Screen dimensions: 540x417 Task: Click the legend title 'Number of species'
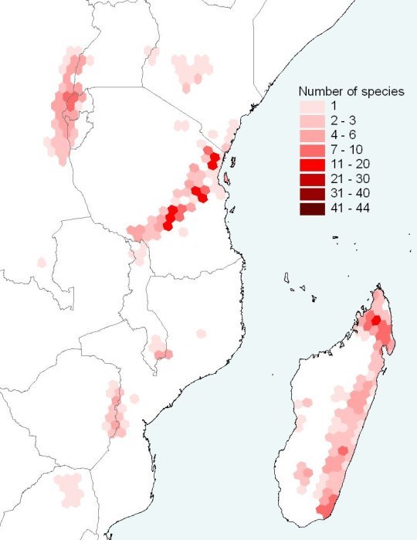click(351, 91)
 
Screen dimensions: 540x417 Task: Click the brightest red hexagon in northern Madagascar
click(376, 321)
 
